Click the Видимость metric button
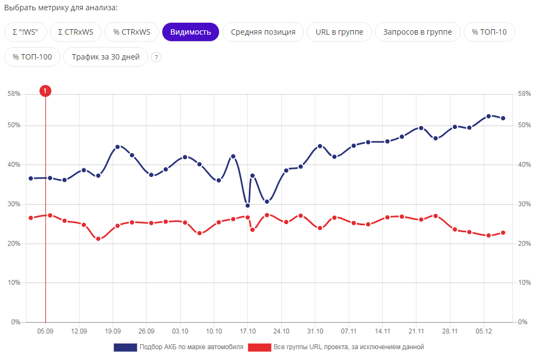(190, 32)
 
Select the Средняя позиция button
(263, 32)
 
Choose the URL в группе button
(339, 32)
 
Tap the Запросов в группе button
(417, 32)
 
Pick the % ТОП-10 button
(489, 32)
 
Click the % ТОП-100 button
(32, 57)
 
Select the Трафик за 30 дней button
(105, 57)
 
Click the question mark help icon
(156, 57)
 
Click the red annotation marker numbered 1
(45, 91)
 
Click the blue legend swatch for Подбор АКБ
(125, 347)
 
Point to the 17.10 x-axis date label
(248, 331)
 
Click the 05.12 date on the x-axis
(484, 331)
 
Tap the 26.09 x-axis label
(146, 331)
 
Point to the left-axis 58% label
(14, 94)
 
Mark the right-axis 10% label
(524, 283)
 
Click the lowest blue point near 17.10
(248, 205)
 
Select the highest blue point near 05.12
(488, 116)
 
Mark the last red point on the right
(503, 233)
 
